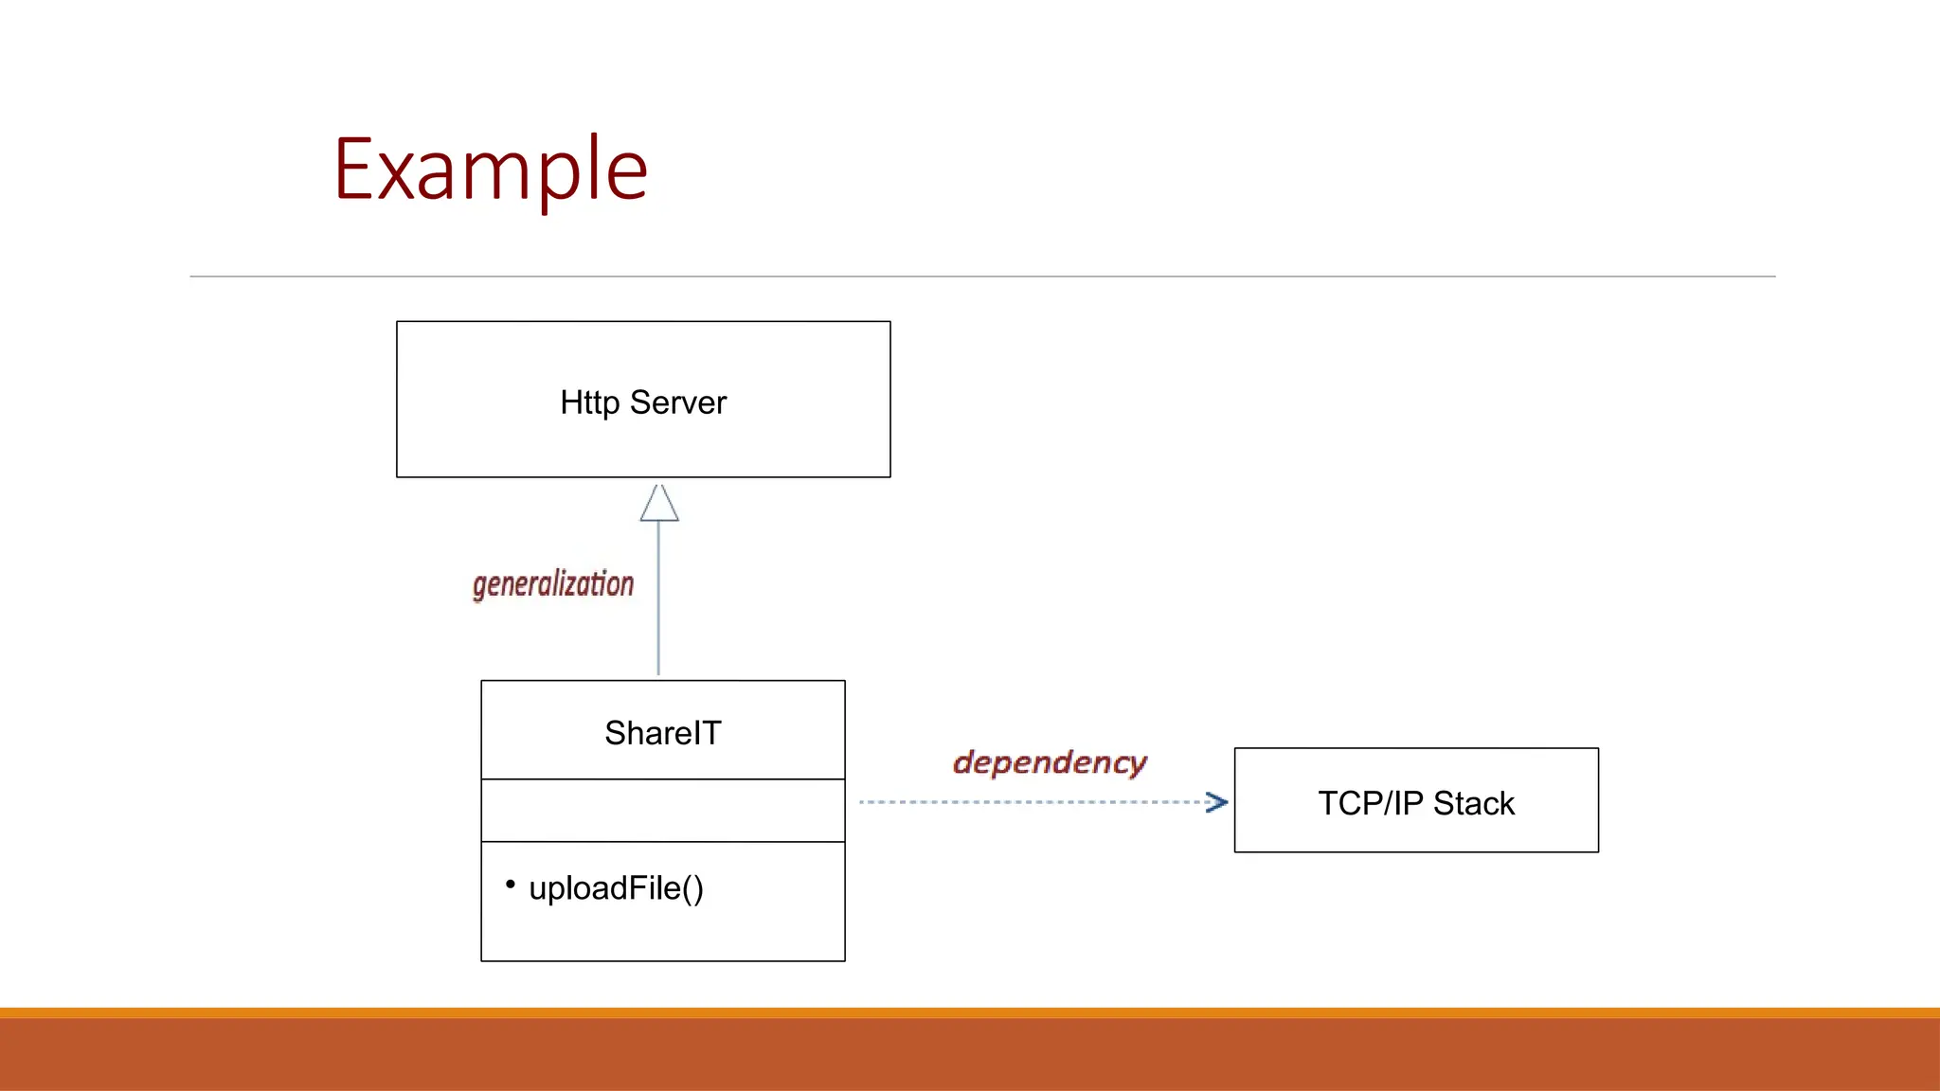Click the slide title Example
point(491,170)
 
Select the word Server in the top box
point(677,402)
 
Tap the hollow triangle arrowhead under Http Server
point(659,505)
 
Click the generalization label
point(553,584)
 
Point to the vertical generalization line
point(658,606)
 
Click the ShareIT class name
point(662,733)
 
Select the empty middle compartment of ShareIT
point(662,811)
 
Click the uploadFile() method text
point(616,888)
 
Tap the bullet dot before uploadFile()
point(511,885)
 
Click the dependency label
point(1050,762)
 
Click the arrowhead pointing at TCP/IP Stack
point(1217,802)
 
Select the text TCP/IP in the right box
point(1370,803)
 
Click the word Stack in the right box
point(1473,803)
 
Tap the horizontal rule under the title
point(982,277)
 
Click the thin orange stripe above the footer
point(970,1012)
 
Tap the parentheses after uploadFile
point(692,888)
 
